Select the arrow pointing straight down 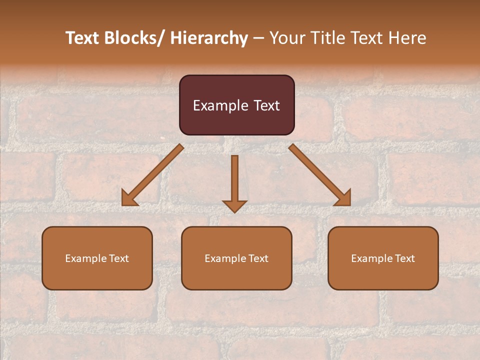[x=234, y=180]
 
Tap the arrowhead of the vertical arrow [x=234, y=206]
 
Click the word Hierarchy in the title [x=209, y=38]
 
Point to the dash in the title [x=258, y=38]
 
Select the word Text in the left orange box [x=119, y=258]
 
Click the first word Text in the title [x=83, y=38]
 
